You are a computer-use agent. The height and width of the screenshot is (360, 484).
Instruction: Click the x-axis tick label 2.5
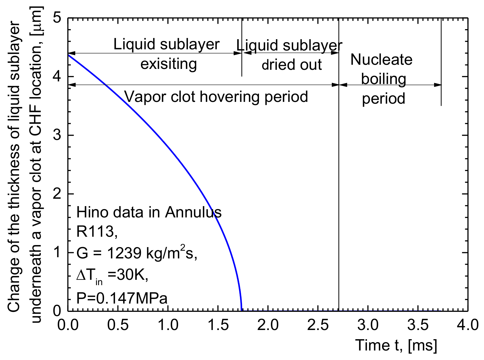point(318,325)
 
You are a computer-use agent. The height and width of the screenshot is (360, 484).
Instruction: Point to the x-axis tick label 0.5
point(118,325)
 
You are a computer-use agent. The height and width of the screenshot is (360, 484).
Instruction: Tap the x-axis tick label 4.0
point(468,325)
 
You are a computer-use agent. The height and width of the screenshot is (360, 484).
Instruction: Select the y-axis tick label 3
point(57,135)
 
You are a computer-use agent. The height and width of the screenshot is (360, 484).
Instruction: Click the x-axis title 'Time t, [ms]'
point(396,345)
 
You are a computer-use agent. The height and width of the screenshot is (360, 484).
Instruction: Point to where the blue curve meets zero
point(241,310)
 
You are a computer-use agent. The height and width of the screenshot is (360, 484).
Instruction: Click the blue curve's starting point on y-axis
point(68,55)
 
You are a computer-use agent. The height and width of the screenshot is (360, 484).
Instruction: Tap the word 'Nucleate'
point(381,60)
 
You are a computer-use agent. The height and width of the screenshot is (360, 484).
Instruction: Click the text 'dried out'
point(291,65)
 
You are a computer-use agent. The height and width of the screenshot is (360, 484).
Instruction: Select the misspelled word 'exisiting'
point(169,64)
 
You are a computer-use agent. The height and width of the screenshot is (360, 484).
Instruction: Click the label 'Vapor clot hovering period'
point(216,97)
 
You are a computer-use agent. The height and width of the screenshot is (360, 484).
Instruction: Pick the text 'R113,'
point(97,232)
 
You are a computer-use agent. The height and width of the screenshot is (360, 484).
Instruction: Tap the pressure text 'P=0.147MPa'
point(122,298)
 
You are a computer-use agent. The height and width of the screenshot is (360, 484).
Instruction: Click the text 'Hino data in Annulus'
point(149,212)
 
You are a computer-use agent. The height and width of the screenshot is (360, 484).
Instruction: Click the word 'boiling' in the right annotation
point(384,79)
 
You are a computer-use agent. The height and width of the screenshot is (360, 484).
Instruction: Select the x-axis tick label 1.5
point(218,325)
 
